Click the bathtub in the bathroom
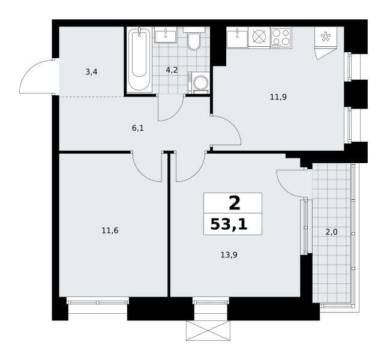139,60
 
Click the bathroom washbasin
166,35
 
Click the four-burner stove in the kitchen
281,38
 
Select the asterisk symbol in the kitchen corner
326,37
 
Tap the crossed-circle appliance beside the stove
259,38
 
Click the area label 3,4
91,72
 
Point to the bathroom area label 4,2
172,70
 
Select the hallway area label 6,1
138,128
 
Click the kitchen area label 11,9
278,97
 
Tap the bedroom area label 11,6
110,230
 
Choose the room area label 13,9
229,254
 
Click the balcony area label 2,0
331,232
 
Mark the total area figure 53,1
229,224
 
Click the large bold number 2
235,203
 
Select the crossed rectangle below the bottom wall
208,331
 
